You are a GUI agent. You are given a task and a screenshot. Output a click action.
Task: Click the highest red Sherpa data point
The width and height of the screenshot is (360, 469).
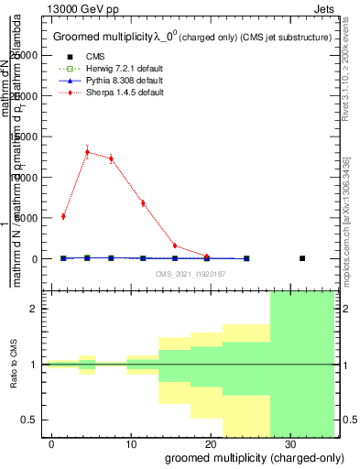87,152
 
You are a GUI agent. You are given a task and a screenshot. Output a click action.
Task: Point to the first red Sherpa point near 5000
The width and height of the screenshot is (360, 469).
63,216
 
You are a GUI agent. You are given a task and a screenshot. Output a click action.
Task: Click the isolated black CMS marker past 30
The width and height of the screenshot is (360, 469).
302,258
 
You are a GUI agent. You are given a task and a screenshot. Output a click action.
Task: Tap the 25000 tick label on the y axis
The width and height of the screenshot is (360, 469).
26,55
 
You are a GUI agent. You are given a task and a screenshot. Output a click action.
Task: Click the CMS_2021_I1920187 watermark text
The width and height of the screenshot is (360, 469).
190,274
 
